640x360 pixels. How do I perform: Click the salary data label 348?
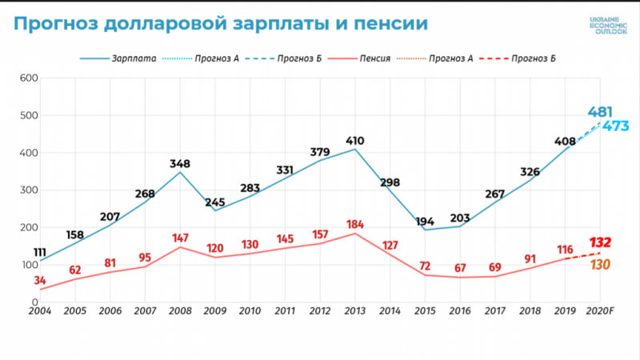pos(179,164)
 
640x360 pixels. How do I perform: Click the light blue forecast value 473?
pos(617,126)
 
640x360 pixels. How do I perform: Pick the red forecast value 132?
pos(601,242)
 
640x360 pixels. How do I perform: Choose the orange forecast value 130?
pos(600,265)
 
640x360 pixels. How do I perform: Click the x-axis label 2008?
pos(179,310)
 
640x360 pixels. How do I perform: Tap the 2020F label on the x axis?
pos(601,310)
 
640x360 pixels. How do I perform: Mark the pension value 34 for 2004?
pos(40,281)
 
